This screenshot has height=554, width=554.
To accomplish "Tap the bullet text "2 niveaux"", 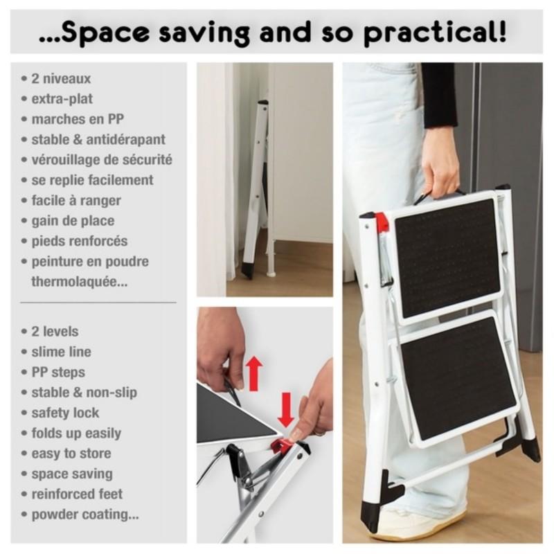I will click(x=61, y=79).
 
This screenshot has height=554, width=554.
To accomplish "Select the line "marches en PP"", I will click(x=78, y=119).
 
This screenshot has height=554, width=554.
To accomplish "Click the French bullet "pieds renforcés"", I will click(x=79, y=241).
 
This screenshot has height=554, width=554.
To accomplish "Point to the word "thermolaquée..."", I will click(x=80, y=282).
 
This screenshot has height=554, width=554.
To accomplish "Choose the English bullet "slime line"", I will click(x=61, y=352).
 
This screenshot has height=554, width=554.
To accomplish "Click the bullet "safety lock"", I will click(x=65, y=413).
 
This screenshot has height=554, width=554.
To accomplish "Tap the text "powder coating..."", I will click(x=85, y=515).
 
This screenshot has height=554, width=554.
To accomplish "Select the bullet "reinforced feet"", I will click(x=77, y=494).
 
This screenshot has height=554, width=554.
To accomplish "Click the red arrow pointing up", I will click(x=254, y=373).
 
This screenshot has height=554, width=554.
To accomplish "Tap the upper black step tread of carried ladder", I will click(x=447, y=256).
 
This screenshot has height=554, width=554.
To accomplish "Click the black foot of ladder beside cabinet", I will click(x=247, y=269).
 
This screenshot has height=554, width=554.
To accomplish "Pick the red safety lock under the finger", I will click(x=280, y=446).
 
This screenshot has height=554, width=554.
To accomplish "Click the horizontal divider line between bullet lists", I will click(x=98, y=303).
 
